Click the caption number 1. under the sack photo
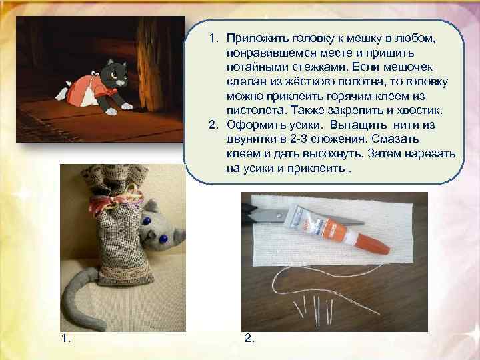pos(65,339)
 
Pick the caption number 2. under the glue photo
pos(249,339)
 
